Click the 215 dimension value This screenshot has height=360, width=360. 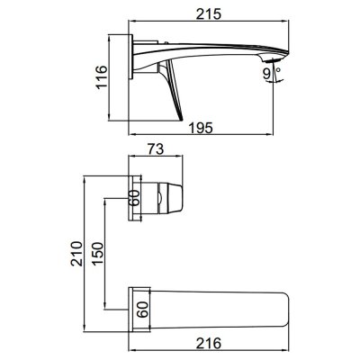click(x=209, y=13)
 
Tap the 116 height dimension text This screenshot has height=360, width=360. click(x=101, y=76)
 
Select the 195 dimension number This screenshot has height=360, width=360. click(x=201, y=128)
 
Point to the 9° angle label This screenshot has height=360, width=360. click(x=272, y=74)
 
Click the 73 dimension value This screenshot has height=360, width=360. click(x=156, y=149)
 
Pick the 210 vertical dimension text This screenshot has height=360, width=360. click(x=76, y=254)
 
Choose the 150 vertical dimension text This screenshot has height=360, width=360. click(x=97, y=254)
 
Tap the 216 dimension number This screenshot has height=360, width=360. click(x=209, y=343)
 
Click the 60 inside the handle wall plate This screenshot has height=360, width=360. click(x=135, y=198)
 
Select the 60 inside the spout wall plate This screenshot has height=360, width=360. click(x=142, y=310)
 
